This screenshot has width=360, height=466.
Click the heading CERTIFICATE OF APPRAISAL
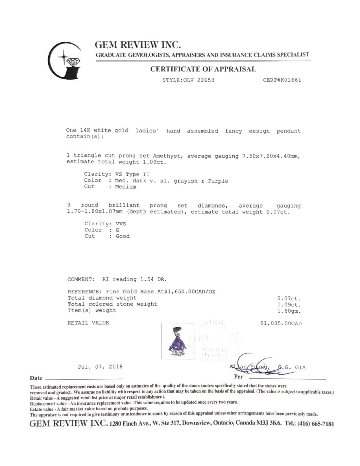click(x=203, y=69)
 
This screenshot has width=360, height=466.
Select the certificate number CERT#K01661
click(x=282, y=80)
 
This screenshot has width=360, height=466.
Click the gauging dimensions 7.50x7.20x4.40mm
click(x=271, y=156)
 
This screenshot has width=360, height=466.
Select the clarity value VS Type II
click(x=132, y=174)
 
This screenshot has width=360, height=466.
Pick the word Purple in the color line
click(x=218, y=181)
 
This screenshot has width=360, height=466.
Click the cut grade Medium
click(x=125, y=187)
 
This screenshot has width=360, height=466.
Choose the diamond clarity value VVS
click(x=121, y=224)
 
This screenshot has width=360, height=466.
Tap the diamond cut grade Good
click(x=123, y=236)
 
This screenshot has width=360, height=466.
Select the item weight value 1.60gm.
click(x=289, y=311)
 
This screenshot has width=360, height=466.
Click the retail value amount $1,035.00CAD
click(x=281, y=323)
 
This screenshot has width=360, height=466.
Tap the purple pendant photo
click(x=177, y=341)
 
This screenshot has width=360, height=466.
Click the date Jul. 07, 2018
click(x=100, y=367)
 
